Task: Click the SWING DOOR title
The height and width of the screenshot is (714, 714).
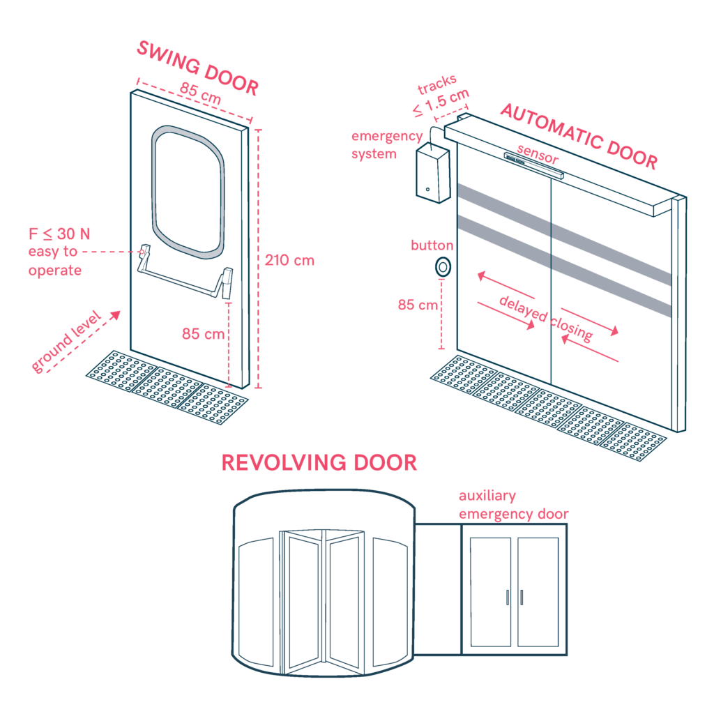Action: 198,68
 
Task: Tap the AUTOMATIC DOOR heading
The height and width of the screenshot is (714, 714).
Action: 579,136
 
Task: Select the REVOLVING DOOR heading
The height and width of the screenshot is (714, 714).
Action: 319,463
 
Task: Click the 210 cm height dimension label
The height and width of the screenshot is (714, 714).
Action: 289,261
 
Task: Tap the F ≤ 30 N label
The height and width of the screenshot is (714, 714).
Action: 59,234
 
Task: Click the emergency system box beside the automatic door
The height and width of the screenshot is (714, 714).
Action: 432,172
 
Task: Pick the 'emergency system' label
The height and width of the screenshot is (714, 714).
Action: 387,145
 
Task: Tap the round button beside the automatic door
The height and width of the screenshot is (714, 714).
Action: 443,267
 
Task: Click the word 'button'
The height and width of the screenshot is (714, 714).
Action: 432,245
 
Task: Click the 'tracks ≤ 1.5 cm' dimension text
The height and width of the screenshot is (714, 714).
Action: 441,95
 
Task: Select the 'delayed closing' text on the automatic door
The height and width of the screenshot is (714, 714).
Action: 546,318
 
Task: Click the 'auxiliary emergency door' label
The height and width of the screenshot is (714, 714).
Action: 514,505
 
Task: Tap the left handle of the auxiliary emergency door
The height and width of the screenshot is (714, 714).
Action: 508,598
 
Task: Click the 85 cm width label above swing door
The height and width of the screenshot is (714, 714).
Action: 200,93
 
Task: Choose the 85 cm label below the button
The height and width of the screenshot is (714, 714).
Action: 418,305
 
